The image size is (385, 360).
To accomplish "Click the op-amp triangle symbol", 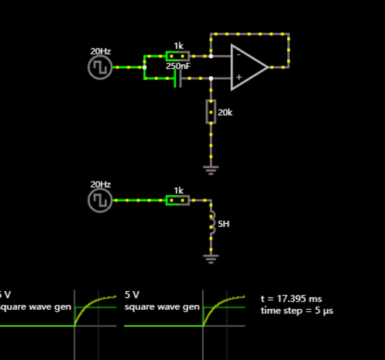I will (248, 67).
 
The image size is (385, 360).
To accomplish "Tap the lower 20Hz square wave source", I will (100, 200).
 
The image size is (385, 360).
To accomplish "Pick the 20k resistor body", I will (211, 112).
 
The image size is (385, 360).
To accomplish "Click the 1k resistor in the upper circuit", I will (178, 56).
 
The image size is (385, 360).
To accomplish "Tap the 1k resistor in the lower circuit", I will (178, 200).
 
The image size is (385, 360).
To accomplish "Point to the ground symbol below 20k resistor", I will (211, 169).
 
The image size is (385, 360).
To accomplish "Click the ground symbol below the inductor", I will (211, 258).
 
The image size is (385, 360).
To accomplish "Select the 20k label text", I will (225, 112).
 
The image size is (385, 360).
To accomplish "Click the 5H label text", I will (224, 224).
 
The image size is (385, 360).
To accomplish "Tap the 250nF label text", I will (178, 66).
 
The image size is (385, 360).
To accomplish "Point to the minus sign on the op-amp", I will (238, 55).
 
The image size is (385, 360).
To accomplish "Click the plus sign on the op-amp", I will (238, 78).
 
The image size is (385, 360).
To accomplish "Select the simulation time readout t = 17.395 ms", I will (291, 299).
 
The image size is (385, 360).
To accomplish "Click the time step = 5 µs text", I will (296, 310).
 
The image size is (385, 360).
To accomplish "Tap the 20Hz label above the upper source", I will (100, 51).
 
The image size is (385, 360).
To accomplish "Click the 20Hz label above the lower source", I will (100, 185).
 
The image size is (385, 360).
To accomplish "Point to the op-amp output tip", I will (268, 67).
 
